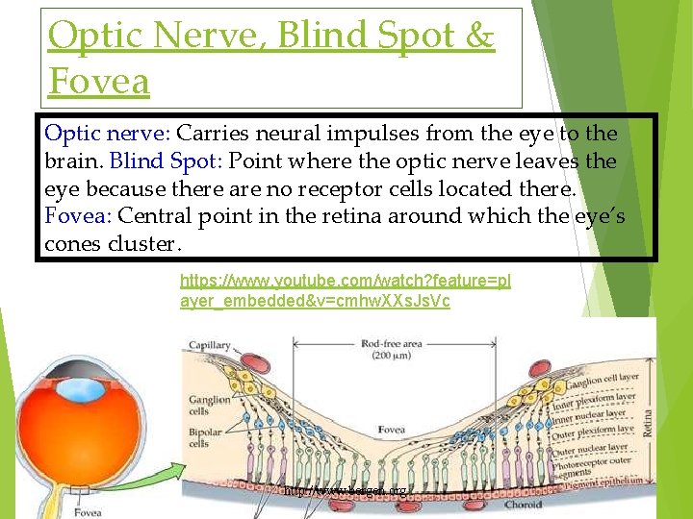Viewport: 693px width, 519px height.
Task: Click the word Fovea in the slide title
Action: pyautogui.click(x=99, y=82)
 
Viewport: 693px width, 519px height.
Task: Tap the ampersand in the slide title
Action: pyautogui.click(x=478, y=37)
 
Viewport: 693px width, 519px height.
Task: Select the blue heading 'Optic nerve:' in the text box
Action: pyautogui.click(x=108, y=133)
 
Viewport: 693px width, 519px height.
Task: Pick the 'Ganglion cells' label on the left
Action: pyautogui.click(x=210, y=406)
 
